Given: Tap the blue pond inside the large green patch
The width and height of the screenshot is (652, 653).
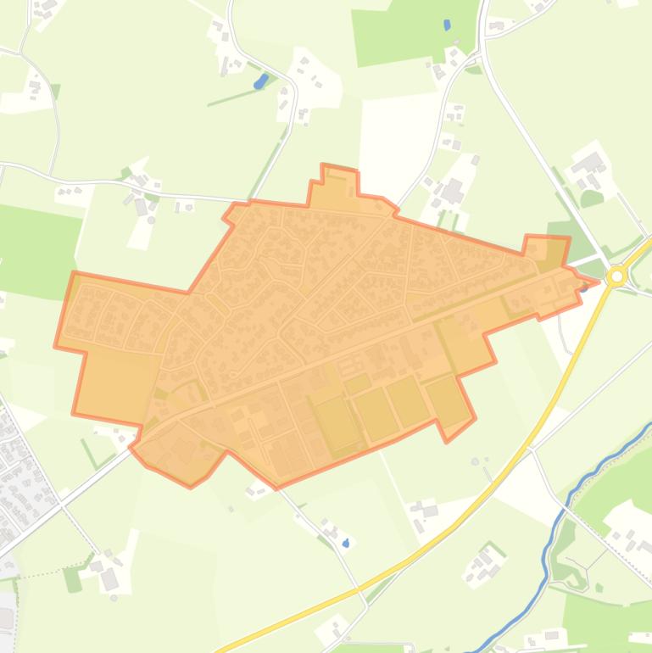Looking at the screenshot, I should (x=447, y=25).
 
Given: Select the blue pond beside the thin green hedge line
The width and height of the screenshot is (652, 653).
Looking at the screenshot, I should (x=260, y=81).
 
